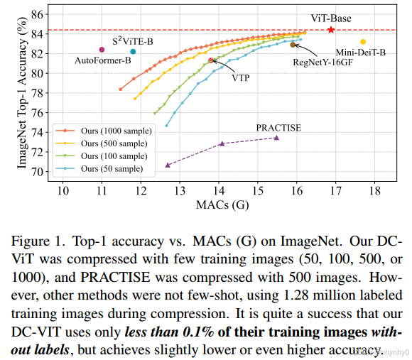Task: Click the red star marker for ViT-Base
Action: coord(331,30)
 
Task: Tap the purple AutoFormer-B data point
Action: coord(102,49)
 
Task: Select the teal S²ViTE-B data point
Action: coord(133,51)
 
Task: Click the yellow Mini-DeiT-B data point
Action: coord(363,42)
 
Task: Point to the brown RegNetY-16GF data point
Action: coord(293,45)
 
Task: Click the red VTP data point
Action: coord(211,60)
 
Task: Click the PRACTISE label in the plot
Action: coord(278,127)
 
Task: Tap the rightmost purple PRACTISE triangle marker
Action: coord(276,138)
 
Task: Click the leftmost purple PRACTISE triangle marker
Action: coord(168,165)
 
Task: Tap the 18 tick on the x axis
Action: coord(374,190)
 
